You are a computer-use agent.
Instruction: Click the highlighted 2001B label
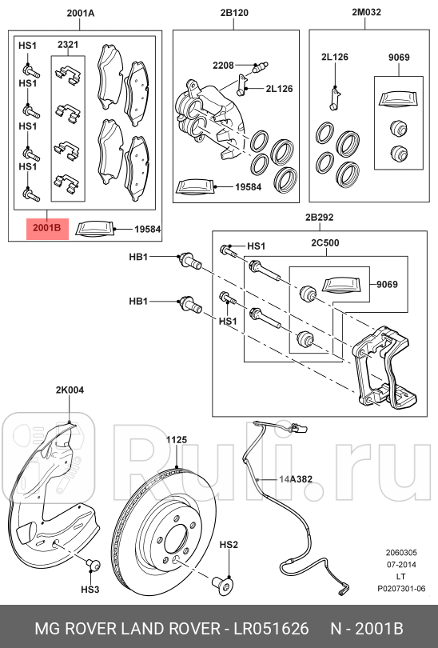coord(47,229)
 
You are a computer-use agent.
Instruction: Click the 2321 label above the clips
coord(68,46)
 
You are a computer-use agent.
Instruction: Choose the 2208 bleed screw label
coord(223,64)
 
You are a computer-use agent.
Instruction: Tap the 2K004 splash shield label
coord(70,390)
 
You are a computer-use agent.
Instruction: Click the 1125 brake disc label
coord(176,440)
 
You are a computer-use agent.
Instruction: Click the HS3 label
coord(90,590)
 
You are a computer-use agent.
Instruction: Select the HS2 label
coord(229,545)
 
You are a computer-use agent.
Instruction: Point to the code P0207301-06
coord(402,588)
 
